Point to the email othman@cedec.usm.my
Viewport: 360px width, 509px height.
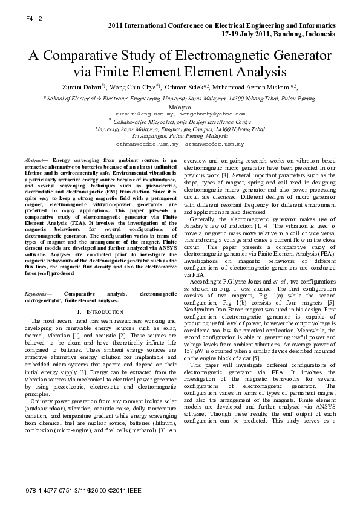(x=149, y=145)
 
